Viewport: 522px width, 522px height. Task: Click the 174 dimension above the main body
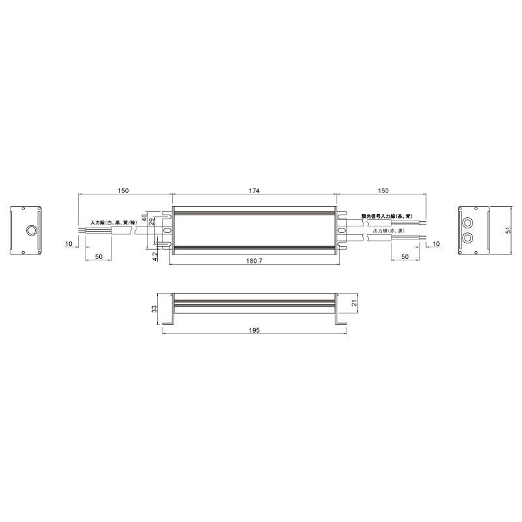coord(254,191)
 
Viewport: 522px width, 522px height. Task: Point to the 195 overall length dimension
coord(254,331)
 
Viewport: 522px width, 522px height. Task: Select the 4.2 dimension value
coord(155,256)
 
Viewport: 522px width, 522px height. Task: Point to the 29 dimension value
coord(152,223)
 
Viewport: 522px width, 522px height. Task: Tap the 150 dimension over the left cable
coord(123,191)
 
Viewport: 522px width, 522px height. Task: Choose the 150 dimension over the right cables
coord(383,191)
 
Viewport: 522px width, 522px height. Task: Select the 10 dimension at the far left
coord(69,243)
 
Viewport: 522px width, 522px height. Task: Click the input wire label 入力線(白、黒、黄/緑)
coord(113,223)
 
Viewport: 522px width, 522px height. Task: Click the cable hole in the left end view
coord(29,231)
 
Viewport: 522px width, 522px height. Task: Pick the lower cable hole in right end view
coord(468,238)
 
